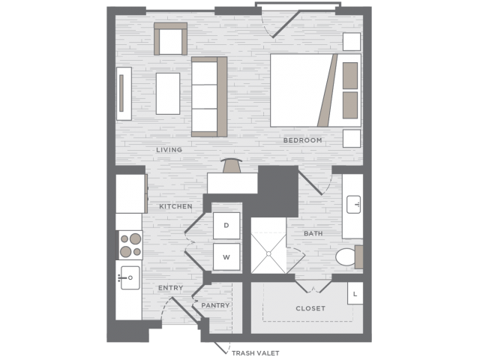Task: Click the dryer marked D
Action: point(226,226)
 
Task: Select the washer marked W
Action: point(226,256)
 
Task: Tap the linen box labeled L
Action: point(355,293)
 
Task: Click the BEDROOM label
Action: point(302,140)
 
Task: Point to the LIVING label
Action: point(169,150)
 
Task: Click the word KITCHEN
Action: point(175,206)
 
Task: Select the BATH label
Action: point(313,233)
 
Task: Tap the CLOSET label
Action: point(310,308)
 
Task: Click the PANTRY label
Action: point(215,305)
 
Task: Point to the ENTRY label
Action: point(170,288)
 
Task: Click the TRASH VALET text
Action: point(255,353)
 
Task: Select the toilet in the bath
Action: point(349,257)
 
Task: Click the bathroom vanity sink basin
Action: point(353,205)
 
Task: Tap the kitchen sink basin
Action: point(130,277)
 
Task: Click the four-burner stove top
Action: point(130,245)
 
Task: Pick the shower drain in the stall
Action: point(268,253)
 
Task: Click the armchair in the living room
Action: point(170,39)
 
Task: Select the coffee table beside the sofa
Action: point(168,94)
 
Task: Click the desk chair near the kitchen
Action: point(232,166)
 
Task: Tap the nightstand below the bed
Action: point(352,138)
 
